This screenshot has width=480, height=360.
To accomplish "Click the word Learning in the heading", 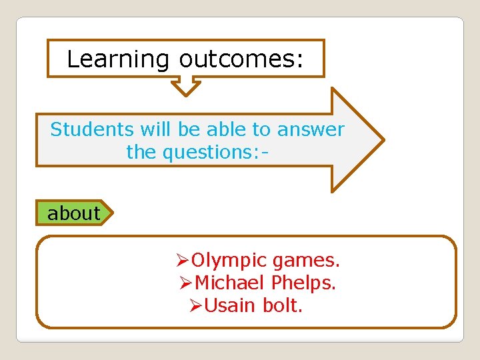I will [x=118, y=59].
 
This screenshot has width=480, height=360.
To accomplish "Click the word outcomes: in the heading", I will [x=241, y=59].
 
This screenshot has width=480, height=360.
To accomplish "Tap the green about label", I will [x=73, y=213].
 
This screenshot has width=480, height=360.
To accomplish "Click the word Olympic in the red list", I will [x=229, y=261].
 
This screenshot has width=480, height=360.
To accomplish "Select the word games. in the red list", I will [x=307, y=261].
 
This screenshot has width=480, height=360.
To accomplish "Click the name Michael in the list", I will [x=230, y=283].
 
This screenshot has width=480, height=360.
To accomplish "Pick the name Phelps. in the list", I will [x=303, y=283].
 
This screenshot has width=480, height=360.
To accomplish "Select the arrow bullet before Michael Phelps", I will [x=187, y=283].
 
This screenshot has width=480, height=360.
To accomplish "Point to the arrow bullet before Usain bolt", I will [x=196, y=305].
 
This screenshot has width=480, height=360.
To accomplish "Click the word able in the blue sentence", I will [x=229, y=129].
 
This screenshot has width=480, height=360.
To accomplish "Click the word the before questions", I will [x=141, y=152].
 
